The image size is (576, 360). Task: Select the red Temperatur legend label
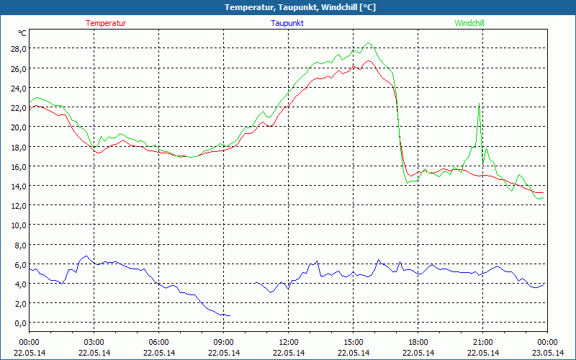[x=106, y=23]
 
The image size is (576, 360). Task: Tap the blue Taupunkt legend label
[x=287, y=23]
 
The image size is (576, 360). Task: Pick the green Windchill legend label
[x=469, y=23]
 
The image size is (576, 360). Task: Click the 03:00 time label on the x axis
[x=94, y=341]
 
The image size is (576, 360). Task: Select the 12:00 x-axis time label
[x=288, y=341]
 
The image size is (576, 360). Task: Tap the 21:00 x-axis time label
[x=482, y=341]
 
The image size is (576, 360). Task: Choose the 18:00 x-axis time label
[x=418, y=341]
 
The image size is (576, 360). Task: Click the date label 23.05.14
[x=546, y=353]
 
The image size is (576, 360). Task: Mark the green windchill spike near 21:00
[x=479, y=107]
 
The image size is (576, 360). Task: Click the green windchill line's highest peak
[x=369, y=43]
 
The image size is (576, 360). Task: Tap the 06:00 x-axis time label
[x=159, y=341]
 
